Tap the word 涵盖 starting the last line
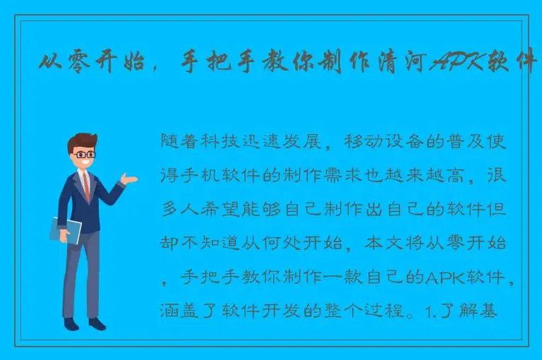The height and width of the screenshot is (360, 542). (x=179, y=312)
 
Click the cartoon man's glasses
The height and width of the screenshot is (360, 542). (x=85, y=154)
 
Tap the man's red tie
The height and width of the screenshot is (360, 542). (x=86, y=185)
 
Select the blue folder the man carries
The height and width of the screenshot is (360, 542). (x=65, y=230)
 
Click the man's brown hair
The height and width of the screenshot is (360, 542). (x=83, y=140)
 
